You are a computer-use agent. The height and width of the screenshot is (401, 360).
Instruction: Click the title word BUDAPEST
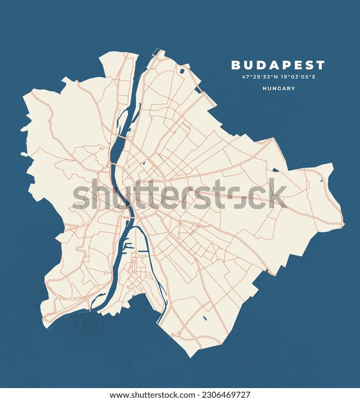pyautogui.click(x=278, y=65)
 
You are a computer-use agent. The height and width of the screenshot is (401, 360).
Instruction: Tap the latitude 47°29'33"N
pyautogui.click(x=260, y=77)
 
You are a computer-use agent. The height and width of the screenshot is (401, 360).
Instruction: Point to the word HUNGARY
pyautogui.click(x=279, y=89)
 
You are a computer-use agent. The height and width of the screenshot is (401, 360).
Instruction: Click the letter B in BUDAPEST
pyautogui.click(x=235, y=65)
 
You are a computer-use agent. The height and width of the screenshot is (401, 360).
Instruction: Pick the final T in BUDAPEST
pyautogui.click(x=321, y=65)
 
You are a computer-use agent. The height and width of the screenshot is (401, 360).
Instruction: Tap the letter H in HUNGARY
pyautogui.click(x=264, y=89)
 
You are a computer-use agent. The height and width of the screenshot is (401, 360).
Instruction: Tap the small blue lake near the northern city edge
pyautogui.click(x=183, y=70)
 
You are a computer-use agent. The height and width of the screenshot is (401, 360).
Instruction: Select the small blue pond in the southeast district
pyautogui.click(x=205, y=318)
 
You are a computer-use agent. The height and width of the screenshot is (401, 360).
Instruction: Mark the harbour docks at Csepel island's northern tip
pyautogui.click(x=129, y=246)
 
